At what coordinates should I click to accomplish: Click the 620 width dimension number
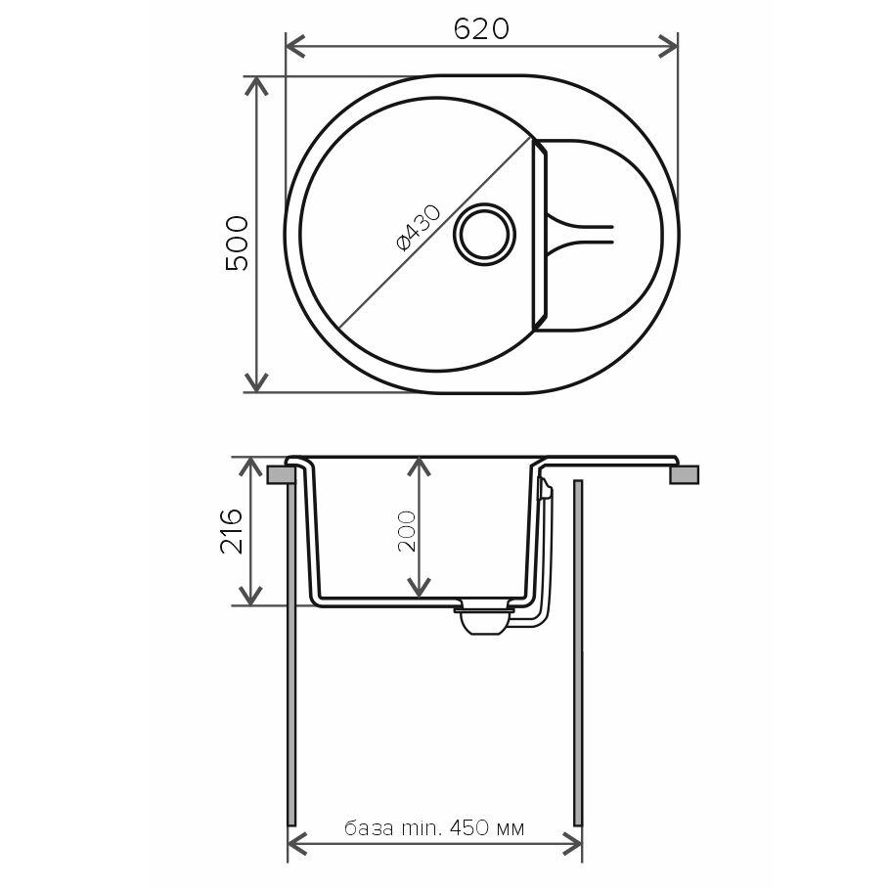tap(481, 28)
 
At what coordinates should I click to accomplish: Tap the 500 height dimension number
tap(237, 244)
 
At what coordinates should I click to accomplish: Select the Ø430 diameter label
tap(418, 228)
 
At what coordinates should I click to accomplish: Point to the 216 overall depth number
tap(232, 531)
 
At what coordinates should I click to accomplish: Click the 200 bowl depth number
tap(407, 531)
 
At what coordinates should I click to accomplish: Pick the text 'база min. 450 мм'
tap(434, 829)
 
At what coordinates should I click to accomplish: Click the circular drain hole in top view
tap(484, 234)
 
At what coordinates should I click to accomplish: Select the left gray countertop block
tap(281, 474)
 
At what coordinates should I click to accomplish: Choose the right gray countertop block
tap(685, 474)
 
